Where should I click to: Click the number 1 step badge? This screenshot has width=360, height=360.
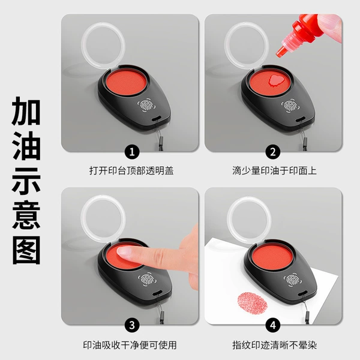[x=132, y=152]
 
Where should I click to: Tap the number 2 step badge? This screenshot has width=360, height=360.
[x=273, y=152]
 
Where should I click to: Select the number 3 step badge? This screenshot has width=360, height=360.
[x=132, y=325]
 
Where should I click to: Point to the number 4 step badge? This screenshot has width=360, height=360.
[x=273, y=325]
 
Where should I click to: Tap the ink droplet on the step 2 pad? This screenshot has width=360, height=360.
[x=277, y=81]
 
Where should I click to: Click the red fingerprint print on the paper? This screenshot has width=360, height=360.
[x=253, y=303]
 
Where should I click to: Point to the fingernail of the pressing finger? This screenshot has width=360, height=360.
[x=124, y=251]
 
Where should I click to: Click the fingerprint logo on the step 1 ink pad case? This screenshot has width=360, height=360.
[x=146, y=106]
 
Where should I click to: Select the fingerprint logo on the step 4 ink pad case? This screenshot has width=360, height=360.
[x=292, y=280]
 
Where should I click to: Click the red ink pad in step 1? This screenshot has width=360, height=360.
[x=126, y=82]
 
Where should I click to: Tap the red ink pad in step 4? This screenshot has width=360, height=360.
[x=272, y=256]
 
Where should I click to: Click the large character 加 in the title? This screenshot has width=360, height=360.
[x=26, y=112]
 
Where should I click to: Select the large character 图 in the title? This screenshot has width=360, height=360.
[x=26, y=250]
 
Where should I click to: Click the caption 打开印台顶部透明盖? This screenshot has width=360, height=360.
[x=131, y=171]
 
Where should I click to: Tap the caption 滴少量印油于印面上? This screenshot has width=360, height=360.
[x=274, y=171]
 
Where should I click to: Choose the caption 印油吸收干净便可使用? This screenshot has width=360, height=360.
[x=130, y=345]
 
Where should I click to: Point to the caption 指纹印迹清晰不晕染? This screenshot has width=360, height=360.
[x=275, y=345]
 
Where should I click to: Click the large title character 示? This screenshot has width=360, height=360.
[x=26, y=181]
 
